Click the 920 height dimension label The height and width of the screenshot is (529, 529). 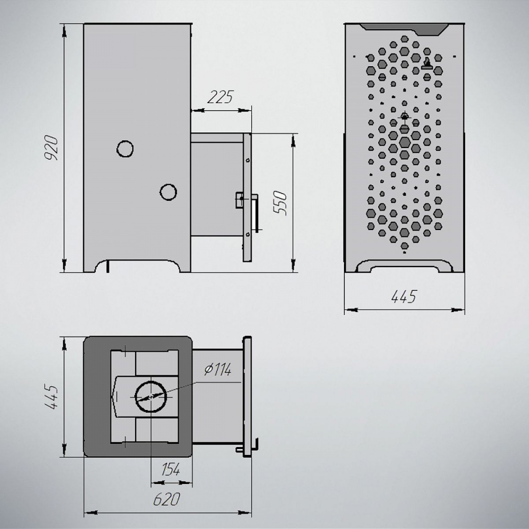tap(52, 148)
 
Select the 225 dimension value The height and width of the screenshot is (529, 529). tap(220, 97)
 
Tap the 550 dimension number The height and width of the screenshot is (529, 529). tap(280, 203)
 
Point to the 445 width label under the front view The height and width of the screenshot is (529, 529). tap(404, 297)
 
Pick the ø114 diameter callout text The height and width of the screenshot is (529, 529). tap(218, 370)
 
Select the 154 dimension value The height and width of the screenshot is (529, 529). tap(171, 469)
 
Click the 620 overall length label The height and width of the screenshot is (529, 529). tap(167, 499)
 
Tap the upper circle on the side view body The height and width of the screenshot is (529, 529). tap(125, 149)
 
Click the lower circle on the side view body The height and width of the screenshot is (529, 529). tap(168, 193)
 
